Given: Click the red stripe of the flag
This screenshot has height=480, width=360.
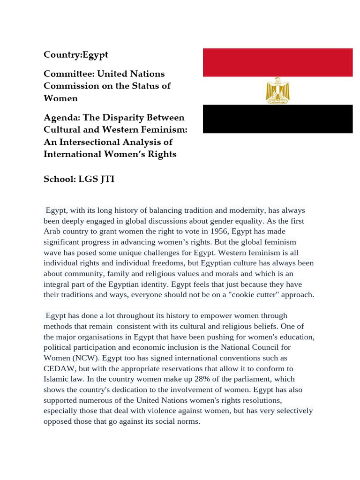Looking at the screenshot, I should point(277,62).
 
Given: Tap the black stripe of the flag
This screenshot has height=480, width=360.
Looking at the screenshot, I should point(277,119).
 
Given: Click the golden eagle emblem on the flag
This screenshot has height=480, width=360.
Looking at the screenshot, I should point(277,90).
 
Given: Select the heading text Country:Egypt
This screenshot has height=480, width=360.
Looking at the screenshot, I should point(75,55).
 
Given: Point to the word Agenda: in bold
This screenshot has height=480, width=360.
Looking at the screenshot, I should point(61,117).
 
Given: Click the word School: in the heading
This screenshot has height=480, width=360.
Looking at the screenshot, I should point(59,180).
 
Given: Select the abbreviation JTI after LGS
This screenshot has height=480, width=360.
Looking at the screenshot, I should point(106,180).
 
